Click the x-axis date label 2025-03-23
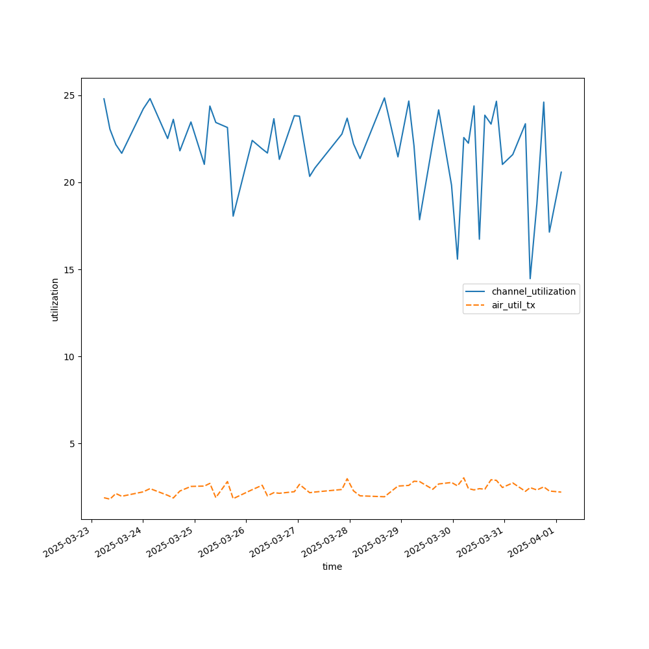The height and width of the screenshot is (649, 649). (66, 543)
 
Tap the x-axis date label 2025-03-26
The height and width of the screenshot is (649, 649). (221, 543)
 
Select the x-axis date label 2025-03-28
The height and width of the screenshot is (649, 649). (324, 543)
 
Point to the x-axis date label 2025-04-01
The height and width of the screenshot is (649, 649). (531, 543)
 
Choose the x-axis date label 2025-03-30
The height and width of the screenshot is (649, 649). (428, 543)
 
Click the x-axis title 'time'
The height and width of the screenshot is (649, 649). (332, 567)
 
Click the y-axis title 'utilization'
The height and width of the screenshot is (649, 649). (55, 299)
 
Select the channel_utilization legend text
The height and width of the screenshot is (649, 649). (533, 291)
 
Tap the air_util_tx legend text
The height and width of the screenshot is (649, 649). (513, 305)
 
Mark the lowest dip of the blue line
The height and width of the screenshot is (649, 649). (530, 278)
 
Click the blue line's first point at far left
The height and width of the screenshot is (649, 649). (104, 99)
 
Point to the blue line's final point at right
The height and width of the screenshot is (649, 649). (561, 172)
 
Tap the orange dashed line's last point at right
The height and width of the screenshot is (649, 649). (561, 492)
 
